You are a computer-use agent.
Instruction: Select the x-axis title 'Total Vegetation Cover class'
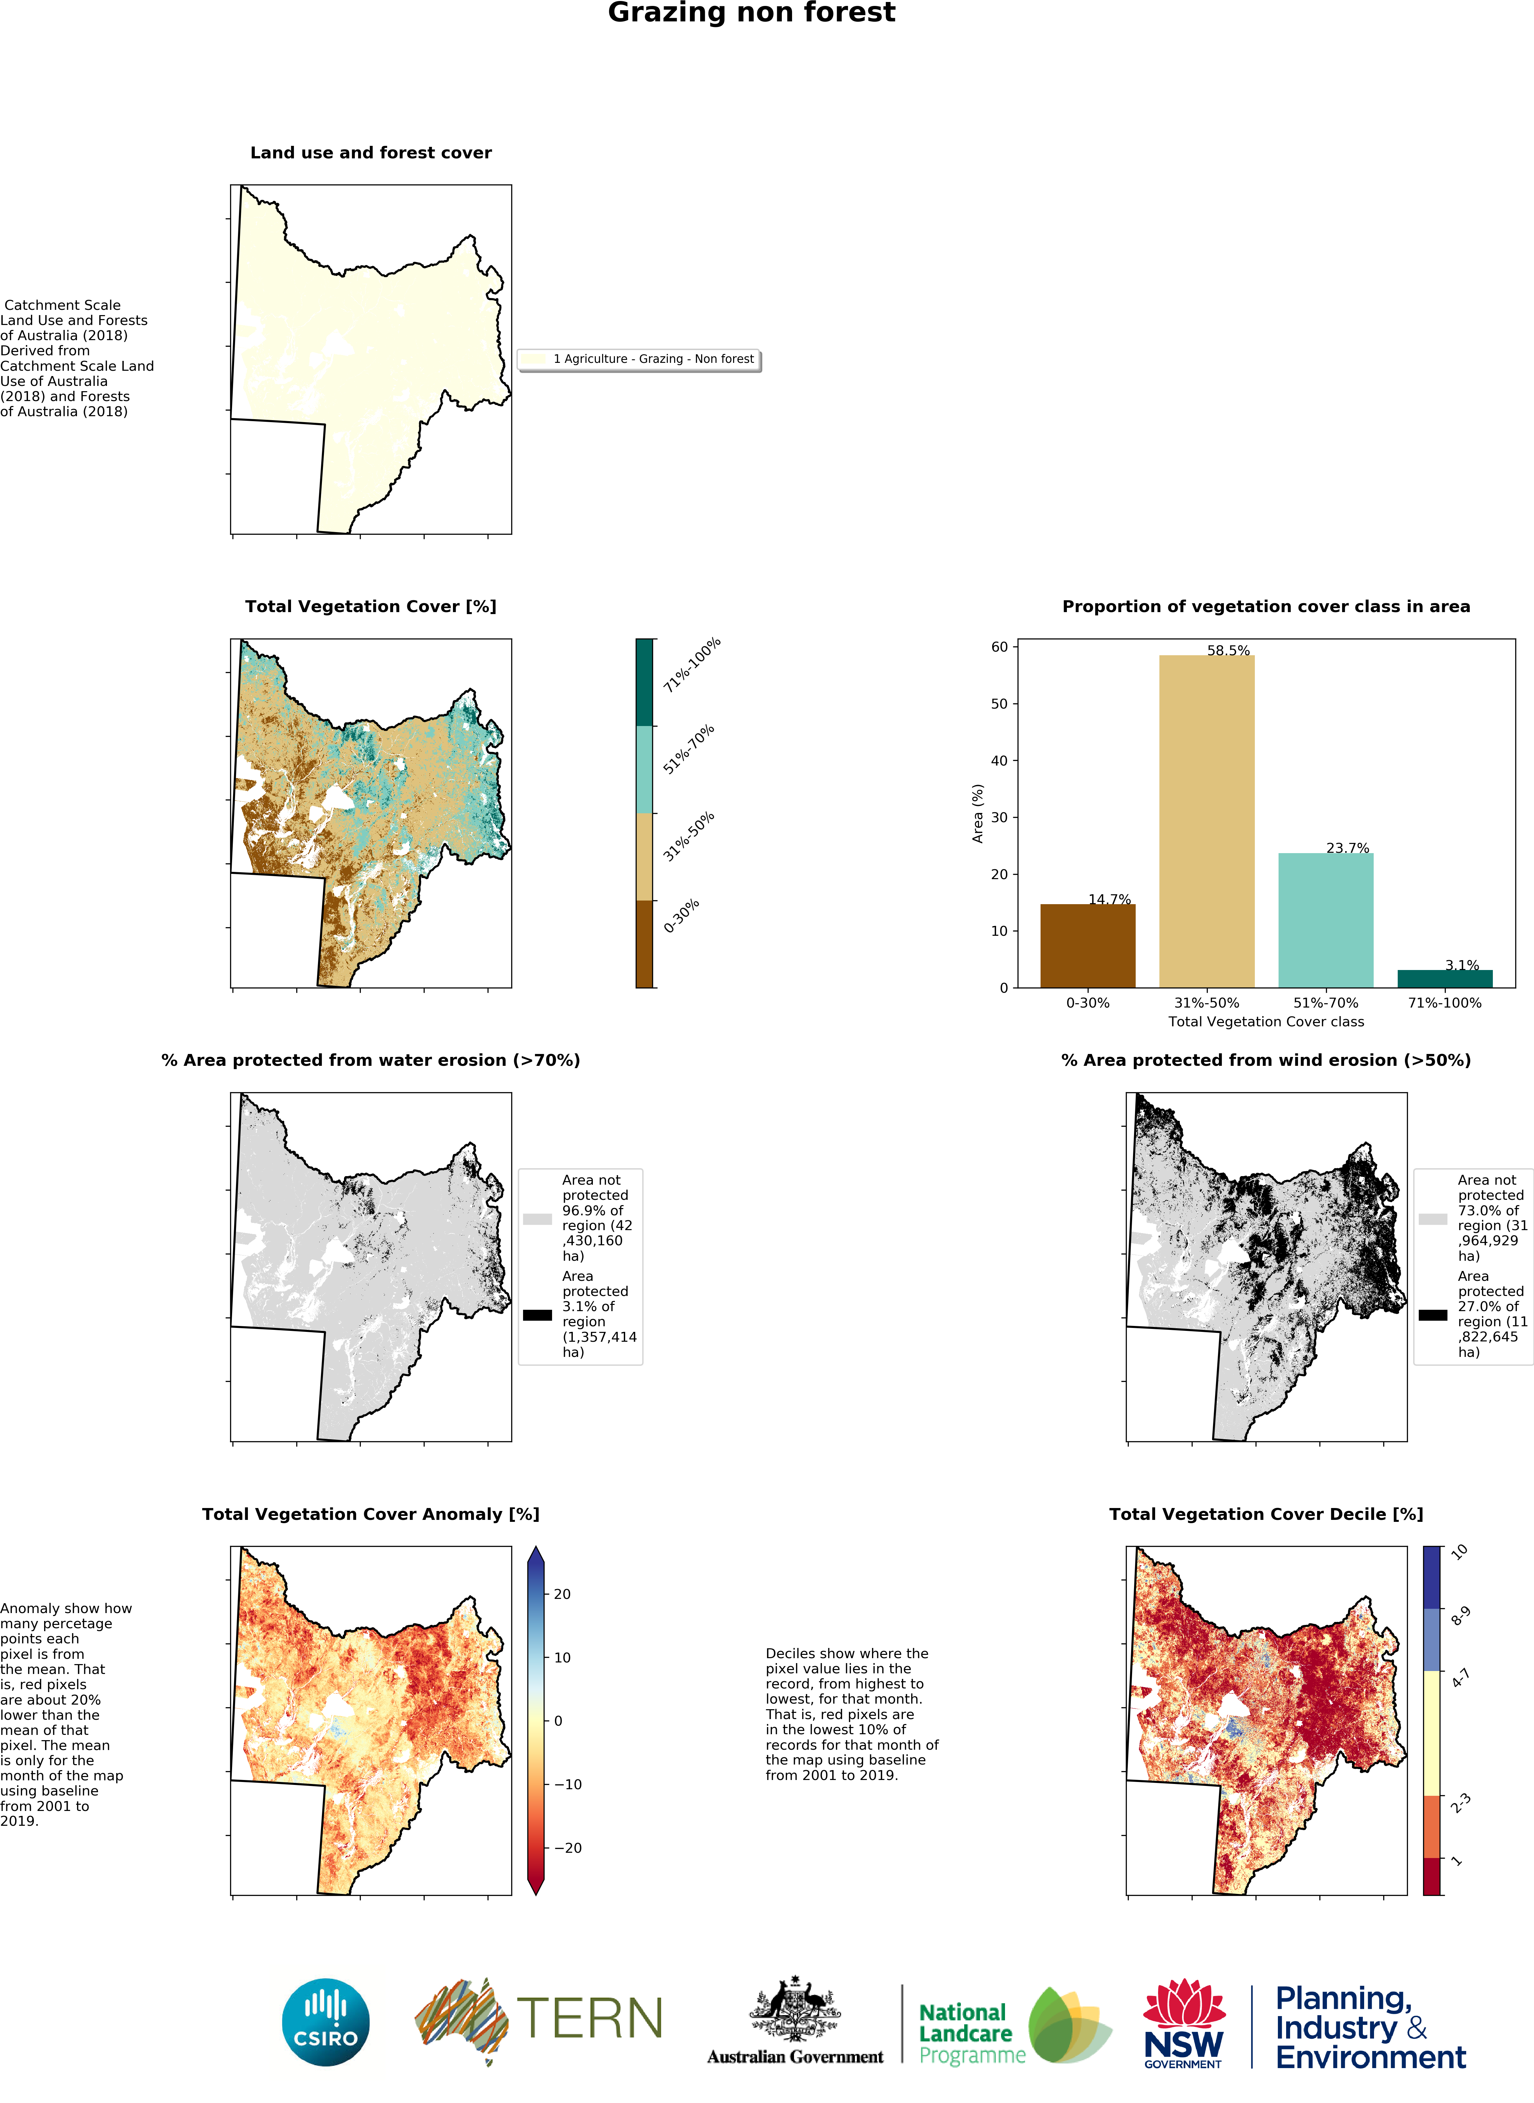click(x=1266, y=1022)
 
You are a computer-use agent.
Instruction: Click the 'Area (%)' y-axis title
click(x=977, y=814)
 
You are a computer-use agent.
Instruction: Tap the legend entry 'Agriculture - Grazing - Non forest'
click(x=653, y=359)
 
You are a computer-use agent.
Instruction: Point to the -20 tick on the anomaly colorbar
click(x=568, y=1847)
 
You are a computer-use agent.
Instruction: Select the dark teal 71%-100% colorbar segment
click(x=644, y=682)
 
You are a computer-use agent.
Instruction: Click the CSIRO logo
click(x=325, y=2021)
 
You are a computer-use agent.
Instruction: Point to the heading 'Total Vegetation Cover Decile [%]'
click(x=1266, y=1514)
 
